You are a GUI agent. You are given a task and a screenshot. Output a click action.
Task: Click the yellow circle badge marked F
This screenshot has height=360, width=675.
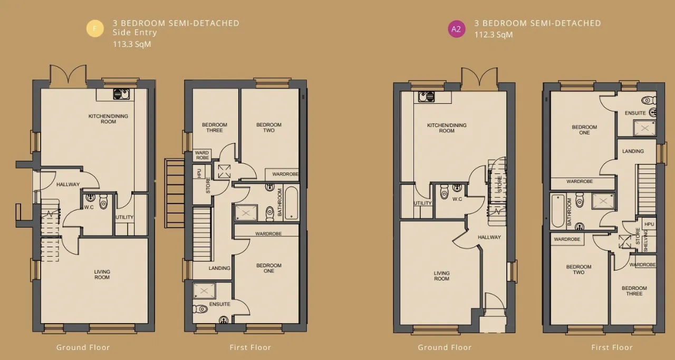click(95, 28)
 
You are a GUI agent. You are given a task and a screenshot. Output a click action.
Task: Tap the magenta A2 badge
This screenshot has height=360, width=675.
click(457, 29)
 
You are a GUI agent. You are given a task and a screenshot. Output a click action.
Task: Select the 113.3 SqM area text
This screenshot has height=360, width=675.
click(132, 44)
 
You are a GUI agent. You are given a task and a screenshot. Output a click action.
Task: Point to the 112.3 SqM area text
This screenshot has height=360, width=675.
click(493, 35)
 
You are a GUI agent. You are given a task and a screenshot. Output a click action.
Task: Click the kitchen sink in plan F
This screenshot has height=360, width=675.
click(121, 94)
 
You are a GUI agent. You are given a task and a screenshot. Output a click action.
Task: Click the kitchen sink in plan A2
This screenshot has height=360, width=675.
click(427, 96)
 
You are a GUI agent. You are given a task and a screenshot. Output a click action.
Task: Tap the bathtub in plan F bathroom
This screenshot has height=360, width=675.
click(291, 203)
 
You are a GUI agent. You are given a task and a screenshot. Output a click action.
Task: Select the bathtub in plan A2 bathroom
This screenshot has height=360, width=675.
click(558, 211)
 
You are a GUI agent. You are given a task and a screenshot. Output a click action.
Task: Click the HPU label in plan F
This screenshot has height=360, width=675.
click(199, 173)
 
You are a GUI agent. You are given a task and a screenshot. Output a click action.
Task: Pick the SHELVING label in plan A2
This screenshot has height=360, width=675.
click(645, 240)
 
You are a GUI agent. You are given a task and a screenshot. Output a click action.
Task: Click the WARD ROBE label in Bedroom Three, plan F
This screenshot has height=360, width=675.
click(202, 155)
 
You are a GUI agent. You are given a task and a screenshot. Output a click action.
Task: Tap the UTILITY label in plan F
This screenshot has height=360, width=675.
click(124, 217)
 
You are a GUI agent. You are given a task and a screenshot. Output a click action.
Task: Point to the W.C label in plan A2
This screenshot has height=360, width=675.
click(457, 199)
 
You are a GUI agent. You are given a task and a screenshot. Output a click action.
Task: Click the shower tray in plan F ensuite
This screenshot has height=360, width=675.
click(204, 291)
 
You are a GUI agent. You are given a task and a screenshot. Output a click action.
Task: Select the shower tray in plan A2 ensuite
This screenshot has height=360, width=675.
click(644, 128)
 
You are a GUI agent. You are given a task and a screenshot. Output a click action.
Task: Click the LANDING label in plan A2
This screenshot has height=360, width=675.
click(633, 151)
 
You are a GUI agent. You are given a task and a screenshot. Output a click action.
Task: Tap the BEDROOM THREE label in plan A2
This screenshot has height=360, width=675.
click(634, 291)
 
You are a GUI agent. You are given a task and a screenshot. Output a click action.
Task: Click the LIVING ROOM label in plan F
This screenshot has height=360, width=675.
click(102, 275)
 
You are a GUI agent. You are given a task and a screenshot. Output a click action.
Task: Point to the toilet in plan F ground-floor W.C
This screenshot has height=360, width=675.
click(103, 201)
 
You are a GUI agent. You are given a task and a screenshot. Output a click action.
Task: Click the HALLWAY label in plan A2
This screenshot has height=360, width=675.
click(489, 237)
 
